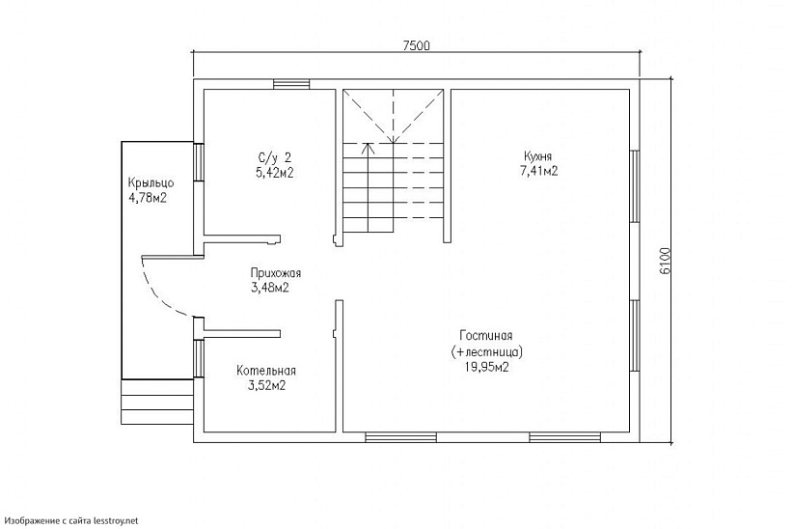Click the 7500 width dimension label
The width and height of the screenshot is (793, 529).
[x=416, y=45]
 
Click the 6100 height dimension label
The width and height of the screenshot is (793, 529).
[x=665, y=261]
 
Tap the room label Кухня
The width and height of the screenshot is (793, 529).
[x=538, y=156]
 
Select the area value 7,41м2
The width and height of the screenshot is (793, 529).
[x=538, y=171]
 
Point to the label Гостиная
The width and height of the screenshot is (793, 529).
[x=486, y=335]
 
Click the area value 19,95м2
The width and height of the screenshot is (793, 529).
[x=486, y=367]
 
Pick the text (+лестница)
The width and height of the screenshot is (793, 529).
[x=486, y=351]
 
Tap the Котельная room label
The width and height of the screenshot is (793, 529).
[x=266, y=371]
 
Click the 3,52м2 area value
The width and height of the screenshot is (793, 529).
[x=266, y=386]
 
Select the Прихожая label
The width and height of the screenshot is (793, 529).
[x=276, y=273]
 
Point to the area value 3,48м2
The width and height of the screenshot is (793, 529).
[x=270, y=288]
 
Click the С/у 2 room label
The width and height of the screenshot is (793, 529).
[x=275, y=156]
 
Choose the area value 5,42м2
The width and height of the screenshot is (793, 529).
[x=275, y=172]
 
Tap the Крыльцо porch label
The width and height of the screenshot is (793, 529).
[x=150, y=182]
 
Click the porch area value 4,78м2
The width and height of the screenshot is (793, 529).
[x=148, y=198]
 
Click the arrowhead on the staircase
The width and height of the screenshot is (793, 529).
[x=369, y=149]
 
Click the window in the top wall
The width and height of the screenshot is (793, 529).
[x=291, y=84]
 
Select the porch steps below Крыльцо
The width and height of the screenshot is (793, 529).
[x=157, y=402]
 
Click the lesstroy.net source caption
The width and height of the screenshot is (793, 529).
[x=70, y=520]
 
